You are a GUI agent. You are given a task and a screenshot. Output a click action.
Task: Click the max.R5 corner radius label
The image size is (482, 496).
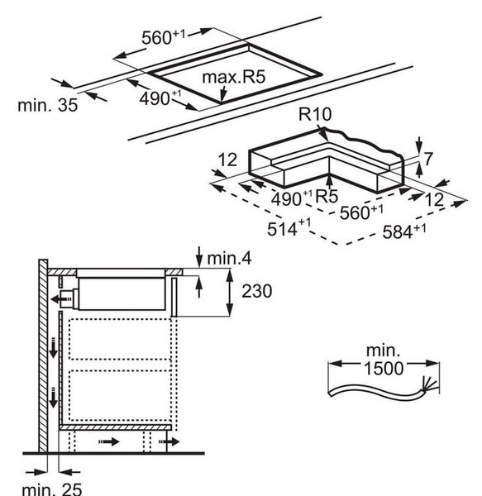coord(233,77)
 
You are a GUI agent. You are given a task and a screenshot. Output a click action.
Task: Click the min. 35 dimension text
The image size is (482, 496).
coord(47,105)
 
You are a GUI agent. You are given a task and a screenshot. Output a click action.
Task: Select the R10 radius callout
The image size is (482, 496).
coord(315,114)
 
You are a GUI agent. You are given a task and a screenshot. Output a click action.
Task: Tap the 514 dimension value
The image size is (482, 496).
coord(289,228)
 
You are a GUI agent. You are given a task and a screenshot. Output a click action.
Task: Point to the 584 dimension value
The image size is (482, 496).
coord(404,231)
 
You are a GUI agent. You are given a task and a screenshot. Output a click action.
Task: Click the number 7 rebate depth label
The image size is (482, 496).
coord(427,159)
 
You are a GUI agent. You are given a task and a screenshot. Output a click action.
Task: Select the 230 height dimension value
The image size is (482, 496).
coord(256,291)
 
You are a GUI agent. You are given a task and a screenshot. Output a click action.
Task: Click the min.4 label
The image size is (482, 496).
coord(229,259)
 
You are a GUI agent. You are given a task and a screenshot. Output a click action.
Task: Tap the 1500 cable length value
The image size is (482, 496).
coord(384,368)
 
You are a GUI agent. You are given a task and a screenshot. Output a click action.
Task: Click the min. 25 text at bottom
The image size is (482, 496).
coord(52,489)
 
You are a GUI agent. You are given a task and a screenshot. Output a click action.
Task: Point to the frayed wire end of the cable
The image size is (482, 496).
coord(429,384)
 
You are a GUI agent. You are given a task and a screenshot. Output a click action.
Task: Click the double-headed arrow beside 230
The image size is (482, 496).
coord(230,293)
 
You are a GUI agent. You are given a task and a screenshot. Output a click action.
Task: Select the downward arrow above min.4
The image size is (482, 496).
coord(199,256)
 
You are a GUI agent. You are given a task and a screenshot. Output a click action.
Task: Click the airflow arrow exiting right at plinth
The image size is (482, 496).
coord(169,441)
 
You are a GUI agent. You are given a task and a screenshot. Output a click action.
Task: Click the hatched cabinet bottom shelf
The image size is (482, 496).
coord(115,427)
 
